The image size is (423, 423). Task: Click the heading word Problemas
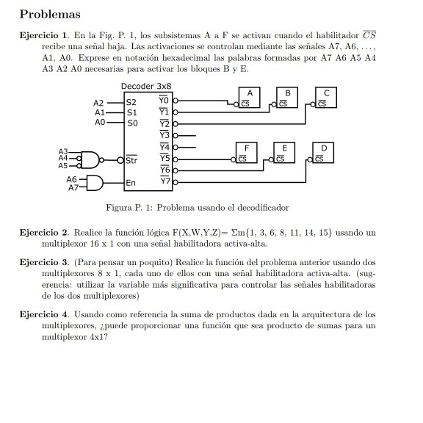pyautogui.click(x=50, y=15)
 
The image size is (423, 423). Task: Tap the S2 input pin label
pyautogui.click(x=131, y=102)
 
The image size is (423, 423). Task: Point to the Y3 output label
pyautogui.click(x=164, y=135)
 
